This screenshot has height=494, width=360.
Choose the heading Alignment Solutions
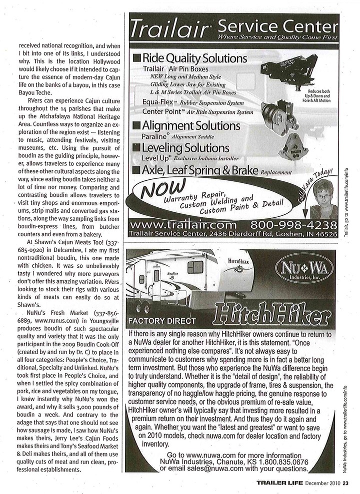192,124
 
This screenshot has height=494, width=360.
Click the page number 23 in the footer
351,482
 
